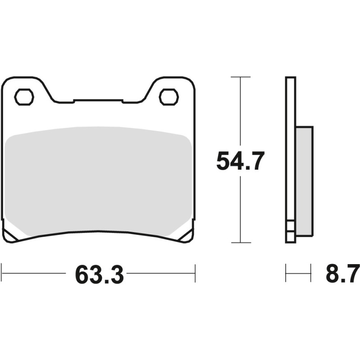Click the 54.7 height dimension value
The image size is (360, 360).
(x=240, y=161)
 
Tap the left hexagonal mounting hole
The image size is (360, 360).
(x=24, y=97)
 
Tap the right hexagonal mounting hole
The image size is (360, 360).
(x=169, y=97)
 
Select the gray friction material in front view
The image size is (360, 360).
(x=98, y=180)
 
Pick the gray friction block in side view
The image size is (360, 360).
(x=304, y=180)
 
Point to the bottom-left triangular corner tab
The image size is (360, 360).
(x=10, y=234)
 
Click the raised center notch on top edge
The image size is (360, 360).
(x=98, y=100)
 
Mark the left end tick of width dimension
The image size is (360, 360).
(x=2, y=273)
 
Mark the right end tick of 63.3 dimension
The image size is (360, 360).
(x=195, y=273)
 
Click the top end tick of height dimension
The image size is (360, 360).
(x=240, y=77)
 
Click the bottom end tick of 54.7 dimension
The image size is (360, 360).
(x=240, y=243)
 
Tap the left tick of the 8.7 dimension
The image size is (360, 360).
(x=286, y=273)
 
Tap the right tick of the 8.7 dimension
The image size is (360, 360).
(x=311, y=273)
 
